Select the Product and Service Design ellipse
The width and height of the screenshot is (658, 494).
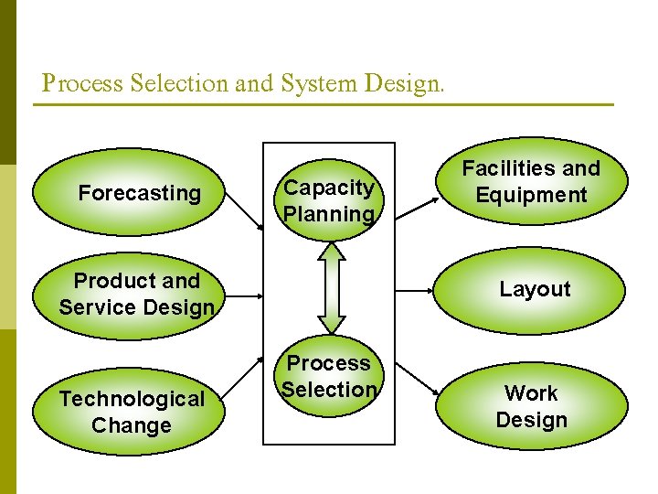[x=137, y=294]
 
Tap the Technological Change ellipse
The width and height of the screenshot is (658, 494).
[x=133, y=412]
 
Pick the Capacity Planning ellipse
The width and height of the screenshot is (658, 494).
[x=329, y=201]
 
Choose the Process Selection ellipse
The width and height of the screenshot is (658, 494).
[x=329, y=377]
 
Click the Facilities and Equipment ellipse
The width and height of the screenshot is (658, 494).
[x=531, y=182]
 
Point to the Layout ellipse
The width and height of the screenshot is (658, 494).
[x=535, y=290]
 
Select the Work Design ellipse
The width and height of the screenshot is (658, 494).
[x=531, y=406]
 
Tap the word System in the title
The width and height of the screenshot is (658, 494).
[x=313, y=84]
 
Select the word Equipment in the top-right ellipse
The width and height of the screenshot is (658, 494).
[x=531, y=195]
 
